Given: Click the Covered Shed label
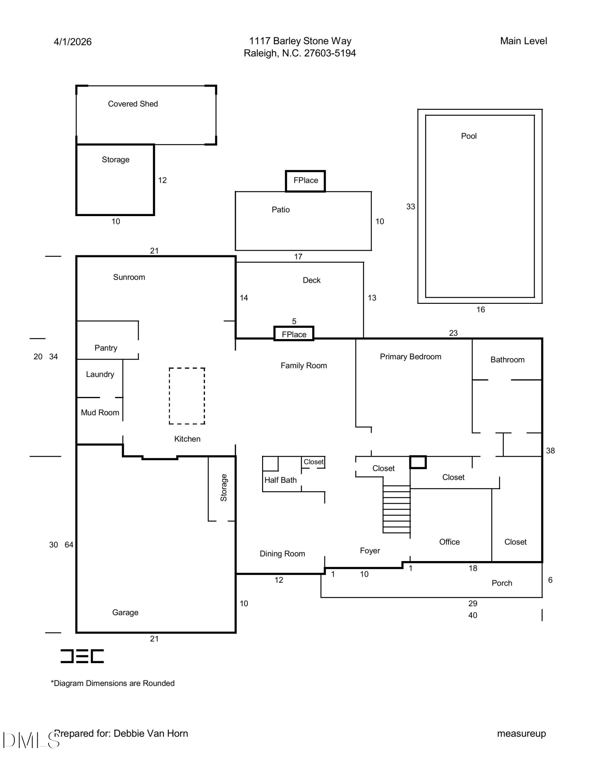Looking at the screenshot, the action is click(133, 104).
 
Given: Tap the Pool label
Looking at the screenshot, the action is click(469, 136).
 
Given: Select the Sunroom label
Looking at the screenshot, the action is click(129, 277).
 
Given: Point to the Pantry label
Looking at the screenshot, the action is click(106, 348).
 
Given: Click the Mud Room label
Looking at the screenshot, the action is click(100, 413).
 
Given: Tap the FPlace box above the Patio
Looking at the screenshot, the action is click(306, 181).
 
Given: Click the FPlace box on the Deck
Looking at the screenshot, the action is click(294, 334).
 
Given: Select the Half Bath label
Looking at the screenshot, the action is click(280, 480).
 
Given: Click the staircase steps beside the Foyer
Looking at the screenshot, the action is click(397, 509).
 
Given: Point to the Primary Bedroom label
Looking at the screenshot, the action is click(410, 357).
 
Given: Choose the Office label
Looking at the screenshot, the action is click(449, 542).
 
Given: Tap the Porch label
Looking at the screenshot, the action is click(502, 583).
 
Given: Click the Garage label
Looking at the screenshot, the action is click(125, 613).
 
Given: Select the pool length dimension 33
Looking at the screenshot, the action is click(410, 207).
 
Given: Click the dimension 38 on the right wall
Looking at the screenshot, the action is click(550, 451).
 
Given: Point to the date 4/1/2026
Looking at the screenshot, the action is click(73, 42).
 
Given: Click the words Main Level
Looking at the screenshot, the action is click(523, 41).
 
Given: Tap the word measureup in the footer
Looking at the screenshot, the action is click(522, 734).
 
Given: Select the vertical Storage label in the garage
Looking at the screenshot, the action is click(224, 488).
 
